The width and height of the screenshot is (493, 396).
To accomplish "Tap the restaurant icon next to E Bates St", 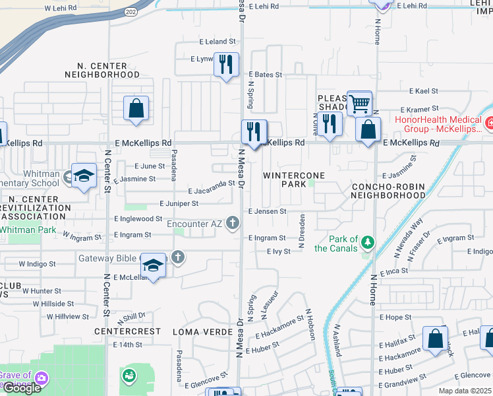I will coord(226,65).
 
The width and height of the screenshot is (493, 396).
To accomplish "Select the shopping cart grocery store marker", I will coord(359,102).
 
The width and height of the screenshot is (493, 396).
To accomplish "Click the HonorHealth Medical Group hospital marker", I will coord(488,123).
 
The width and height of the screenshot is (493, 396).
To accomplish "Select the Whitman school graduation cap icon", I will coord(84,176).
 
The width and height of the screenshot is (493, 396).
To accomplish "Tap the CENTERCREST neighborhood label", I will coord(127,331).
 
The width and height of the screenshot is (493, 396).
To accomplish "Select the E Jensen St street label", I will coord(267,211).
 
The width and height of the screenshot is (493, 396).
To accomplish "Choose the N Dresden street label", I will coord(302,231).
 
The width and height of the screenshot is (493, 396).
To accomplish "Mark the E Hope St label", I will coord(395,317).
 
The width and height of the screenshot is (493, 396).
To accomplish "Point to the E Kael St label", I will coord(424,91).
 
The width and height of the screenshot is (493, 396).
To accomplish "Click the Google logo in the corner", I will coord(22,388).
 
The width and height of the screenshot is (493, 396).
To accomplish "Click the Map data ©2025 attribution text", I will coord(464,391).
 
